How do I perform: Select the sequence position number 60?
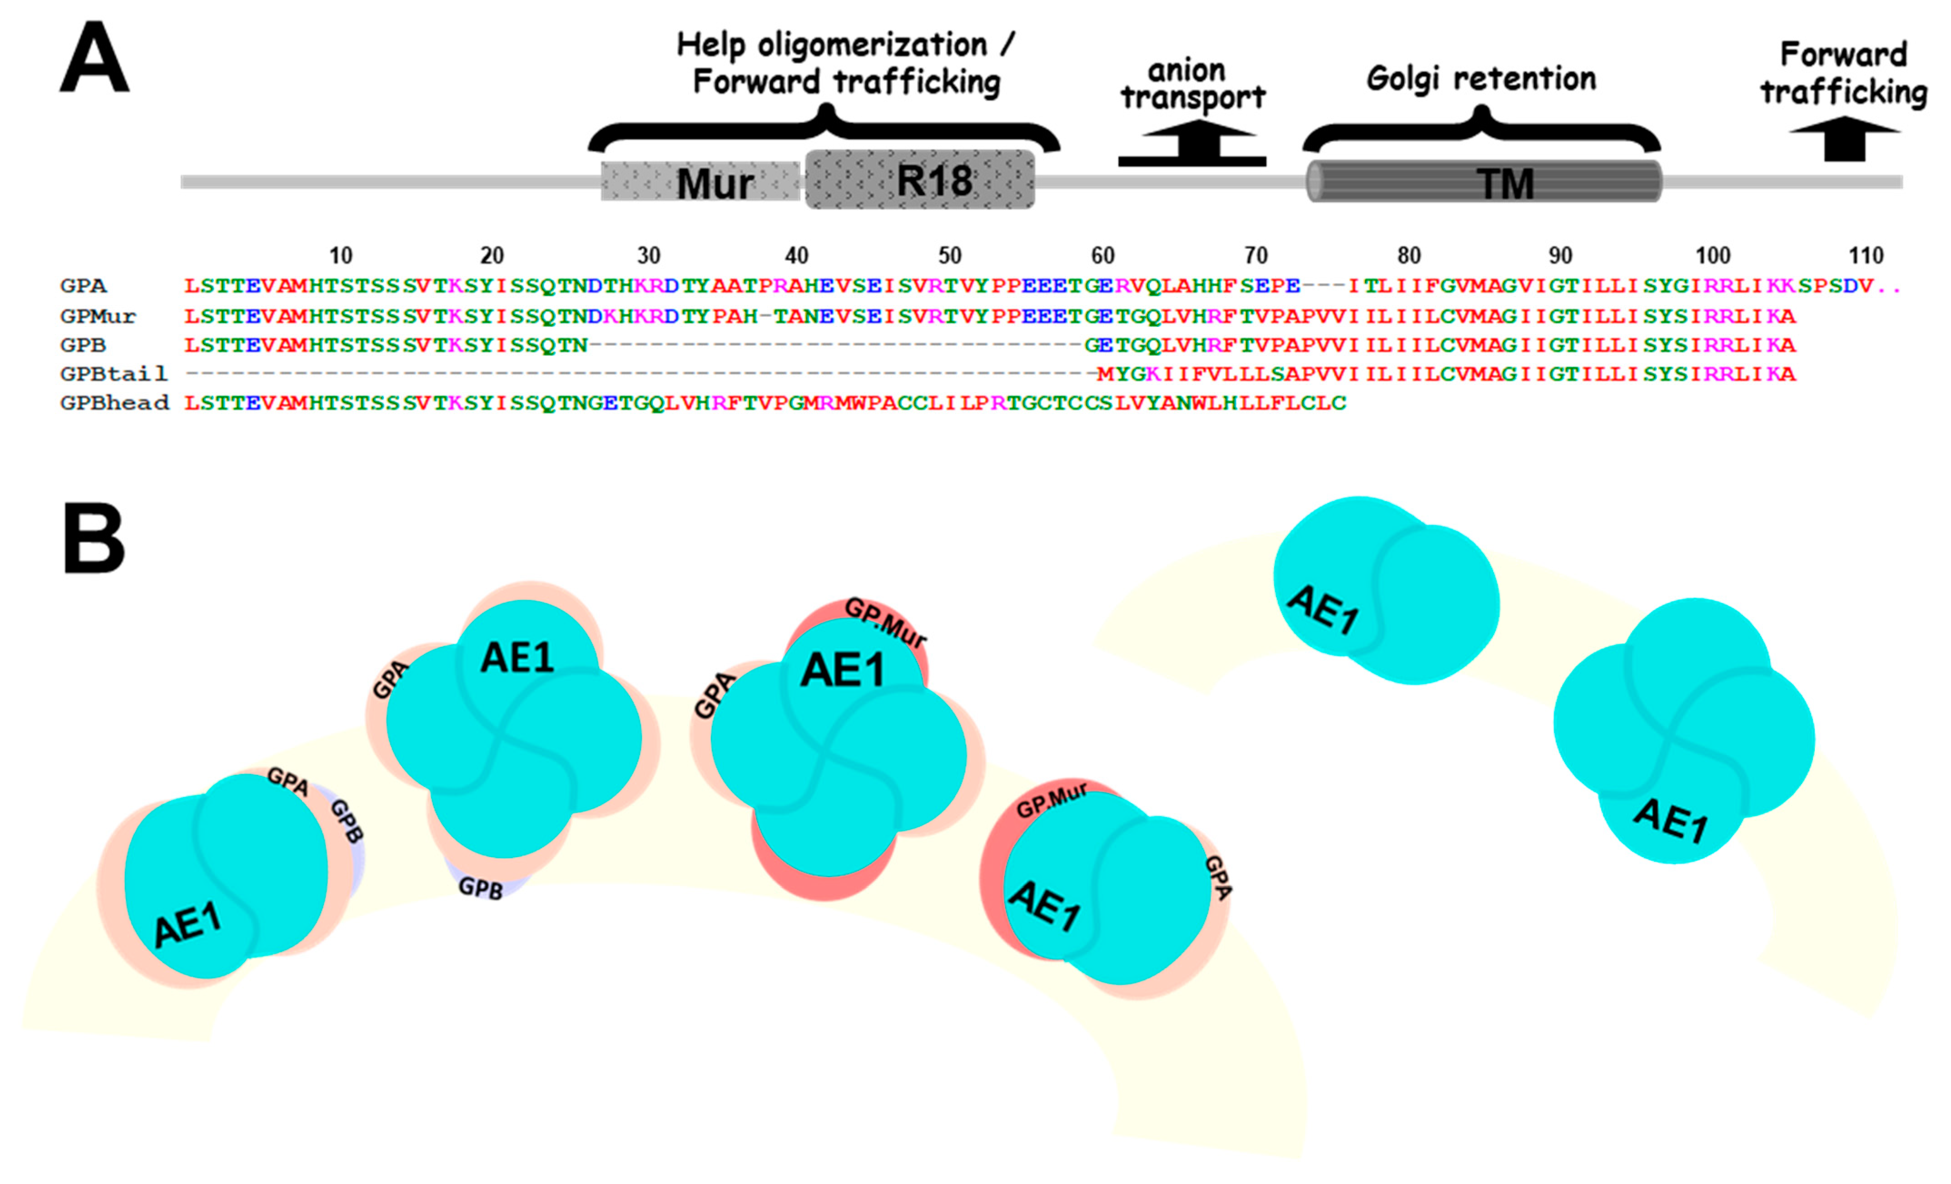[x=1102, y=256]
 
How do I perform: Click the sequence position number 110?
[x=1866, y=256]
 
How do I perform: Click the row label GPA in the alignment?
[x=83, y=286]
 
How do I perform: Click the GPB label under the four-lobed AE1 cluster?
[x=481, y=888]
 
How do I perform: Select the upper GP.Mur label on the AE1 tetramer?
[x=885, y=622]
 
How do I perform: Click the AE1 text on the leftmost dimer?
[x=188, y=924]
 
